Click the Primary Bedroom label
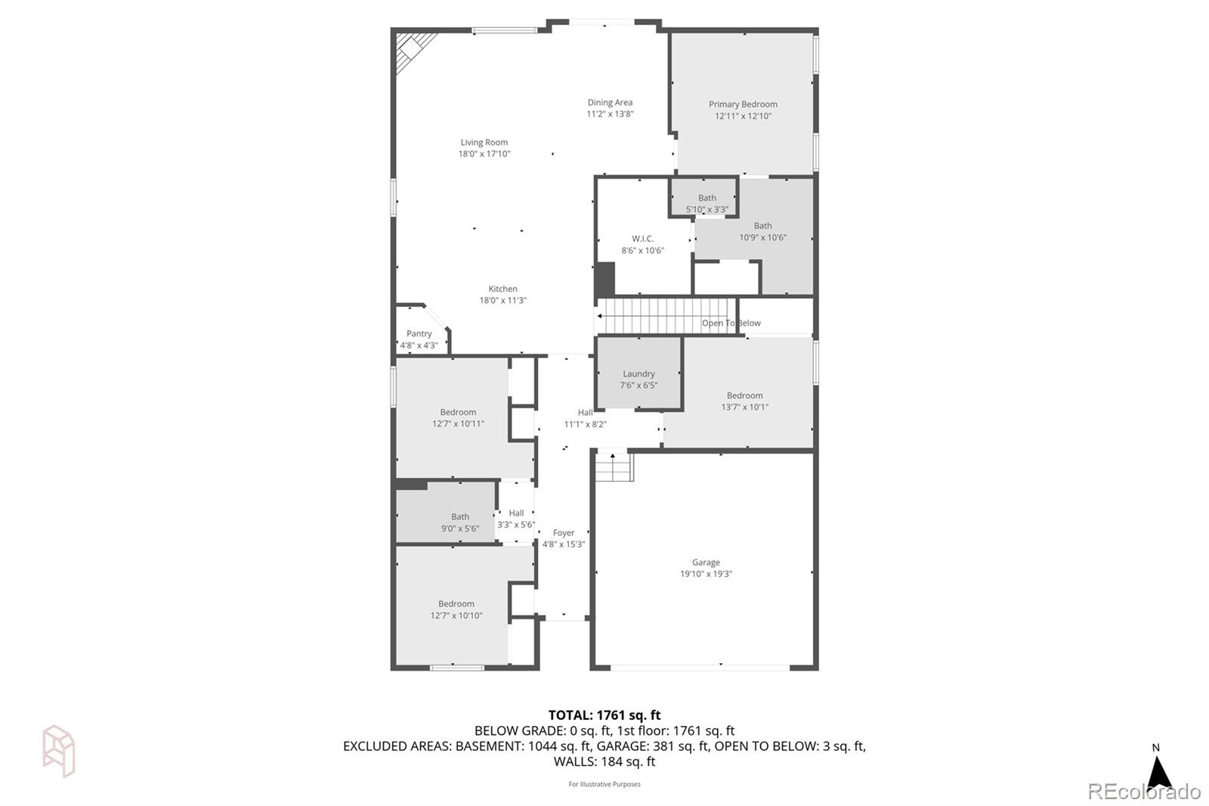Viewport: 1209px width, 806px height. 743,104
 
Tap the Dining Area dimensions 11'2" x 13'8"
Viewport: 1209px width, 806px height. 610,114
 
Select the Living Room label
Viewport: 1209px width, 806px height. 484,142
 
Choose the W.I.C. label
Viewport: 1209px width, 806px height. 642,238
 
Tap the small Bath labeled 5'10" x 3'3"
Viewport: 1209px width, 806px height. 707,203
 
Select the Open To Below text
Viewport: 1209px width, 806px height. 731,323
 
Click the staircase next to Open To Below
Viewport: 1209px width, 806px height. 665,315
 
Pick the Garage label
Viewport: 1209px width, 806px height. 706,562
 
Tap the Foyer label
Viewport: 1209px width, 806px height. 563,532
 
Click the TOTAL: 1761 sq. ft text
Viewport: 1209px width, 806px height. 604,715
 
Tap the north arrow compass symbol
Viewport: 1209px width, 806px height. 1158,771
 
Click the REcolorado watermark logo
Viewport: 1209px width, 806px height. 1143,792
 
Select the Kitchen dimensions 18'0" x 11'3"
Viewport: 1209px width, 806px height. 502,300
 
